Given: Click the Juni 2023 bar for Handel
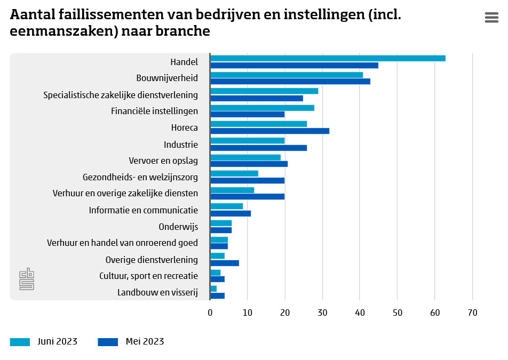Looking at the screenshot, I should click(328, 58).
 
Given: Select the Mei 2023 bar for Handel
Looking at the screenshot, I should click(294, 66).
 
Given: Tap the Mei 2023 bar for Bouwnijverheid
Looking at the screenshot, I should click(290, 82).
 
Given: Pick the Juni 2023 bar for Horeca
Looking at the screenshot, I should click(259, 124).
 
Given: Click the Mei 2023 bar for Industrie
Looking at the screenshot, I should click(259, 148).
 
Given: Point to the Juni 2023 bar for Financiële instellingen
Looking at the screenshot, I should click(262, 108).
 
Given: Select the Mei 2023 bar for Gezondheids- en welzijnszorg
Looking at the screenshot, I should click(248, 181).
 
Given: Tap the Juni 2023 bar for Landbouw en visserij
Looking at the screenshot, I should click(213, 289).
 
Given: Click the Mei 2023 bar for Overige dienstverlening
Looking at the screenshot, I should click(225, 263).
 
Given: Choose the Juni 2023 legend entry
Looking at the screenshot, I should click(44, 342).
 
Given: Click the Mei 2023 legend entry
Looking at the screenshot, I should click(131, 342).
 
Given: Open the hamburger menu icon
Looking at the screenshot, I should click(491, 18).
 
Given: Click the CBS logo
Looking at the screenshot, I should click(27, 279).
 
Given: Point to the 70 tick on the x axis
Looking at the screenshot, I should click(472, 313).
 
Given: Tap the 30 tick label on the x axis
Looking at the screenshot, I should click(322, 313).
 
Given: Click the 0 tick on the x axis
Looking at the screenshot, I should click(210, 313).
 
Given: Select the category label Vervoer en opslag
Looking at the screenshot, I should click(163, 161).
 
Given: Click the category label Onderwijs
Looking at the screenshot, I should click(178, 227).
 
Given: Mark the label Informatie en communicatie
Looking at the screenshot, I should click(144, 210).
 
